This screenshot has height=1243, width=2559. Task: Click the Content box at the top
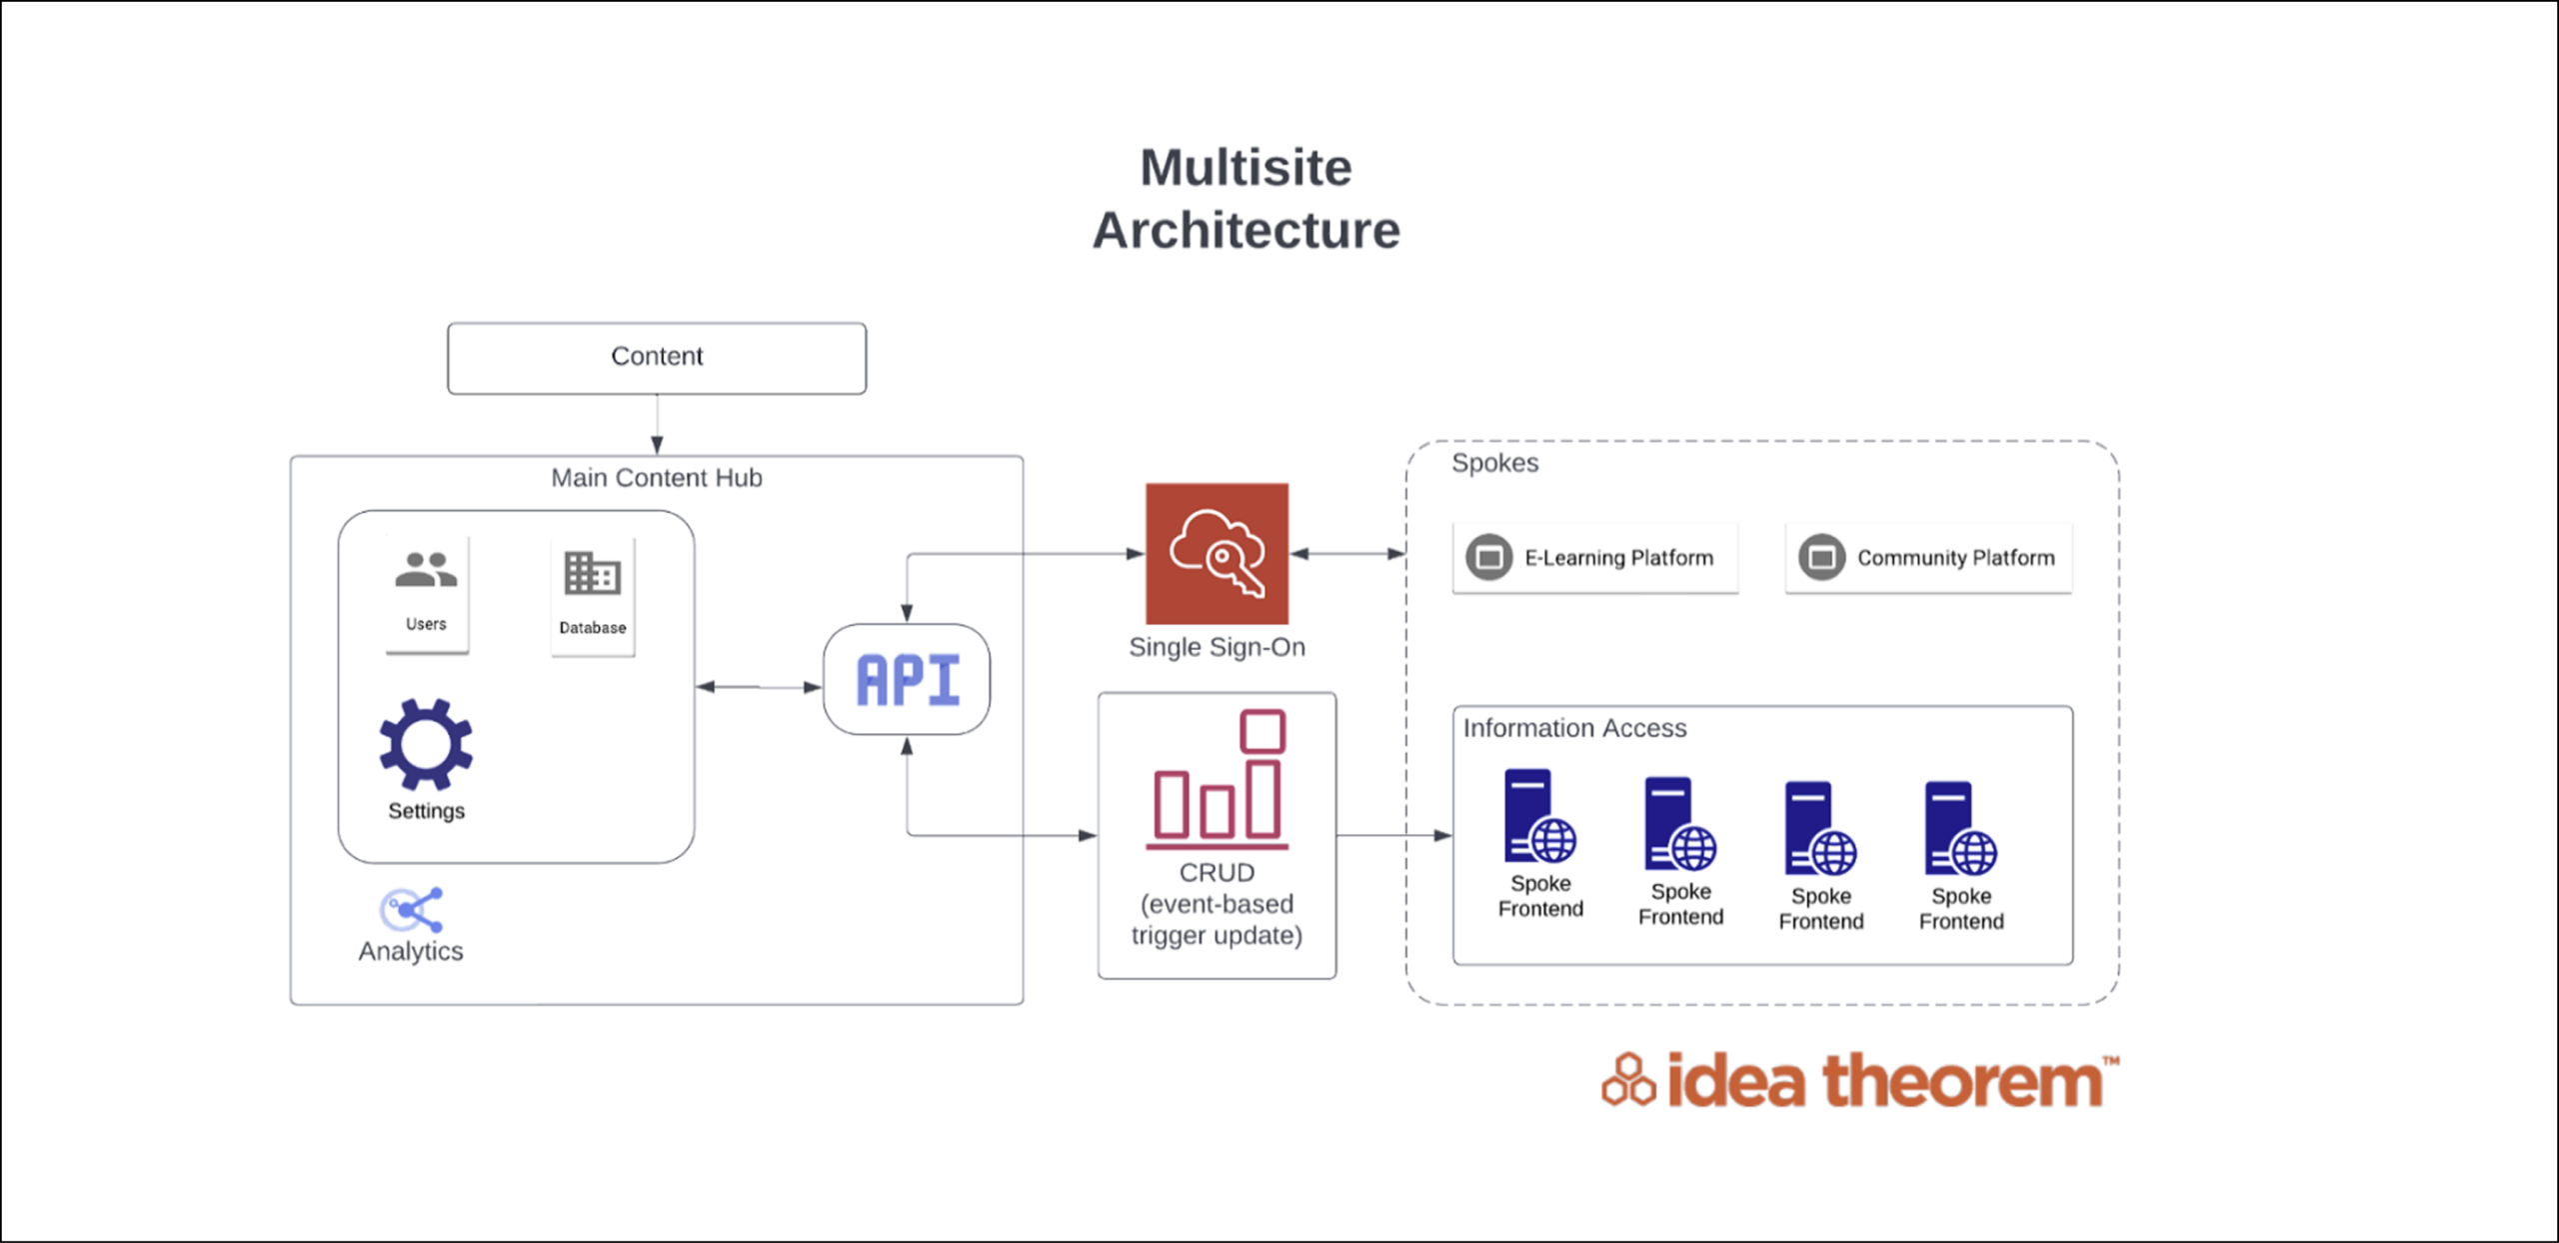[657, 357]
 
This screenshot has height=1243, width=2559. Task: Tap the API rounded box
[907, 680]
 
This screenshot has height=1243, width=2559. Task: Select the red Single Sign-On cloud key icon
[1217, 553]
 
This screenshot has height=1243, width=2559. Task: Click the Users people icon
[426, 570]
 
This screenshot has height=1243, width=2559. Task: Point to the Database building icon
[592, 573]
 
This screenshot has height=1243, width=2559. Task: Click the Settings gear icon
[426, 744]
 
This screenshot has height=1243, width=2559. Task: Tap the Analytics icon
[411, 909]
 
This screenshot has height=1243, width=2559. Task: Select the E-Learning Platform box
[1595, 558]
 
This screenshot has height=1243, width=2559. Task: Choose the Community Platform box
[1928, 558]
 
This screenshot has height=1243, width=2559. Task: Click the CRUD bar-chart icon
[1218, 778]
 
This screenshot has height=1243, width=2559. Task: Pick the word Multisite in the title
[1246, 167]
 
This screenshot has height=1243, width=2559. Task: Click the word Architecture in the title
[1246, 231]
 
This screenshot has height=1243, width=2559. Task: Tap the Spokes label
[1494, 463]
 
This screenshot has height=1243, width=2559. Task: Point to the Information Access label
[1574, 728]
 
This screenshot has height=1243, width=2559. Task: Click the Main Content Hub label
[657, 478]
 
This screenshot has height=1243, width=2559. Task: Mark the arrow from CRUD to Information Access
[1393, 835]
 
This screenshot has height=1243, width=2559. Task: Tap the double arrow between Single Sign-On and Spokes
[1347, 553]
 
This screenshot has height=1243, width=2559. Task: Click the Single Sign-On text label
[1217, 647]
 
